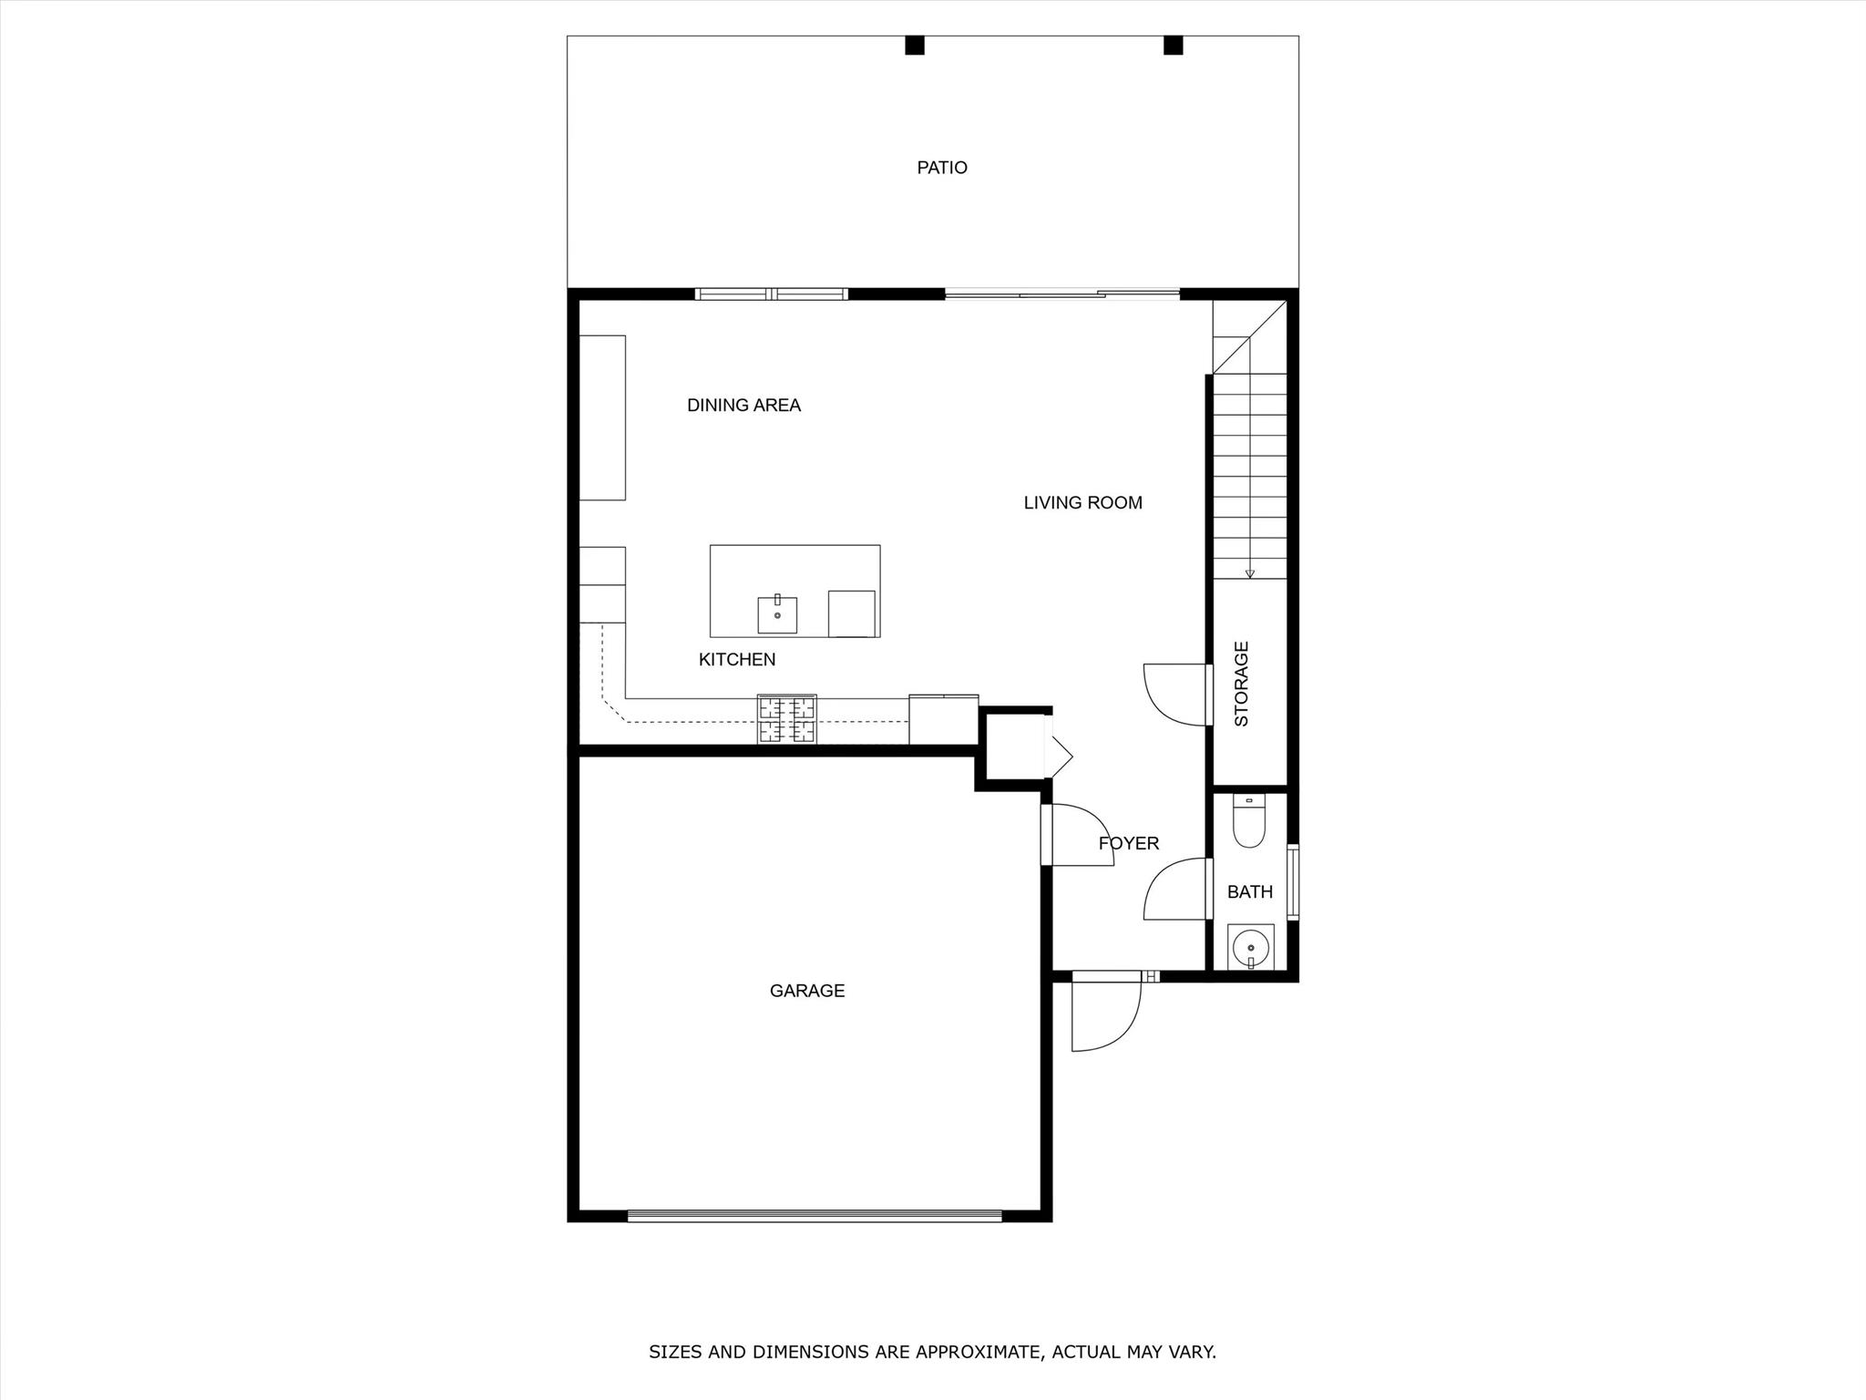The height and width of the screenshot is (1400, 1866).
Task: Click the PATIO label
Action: [942, 168]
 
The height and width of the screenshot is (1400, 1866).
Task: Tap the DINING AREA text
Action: [743, 406]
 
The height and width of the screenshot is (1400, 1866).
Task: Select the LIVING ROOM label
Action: [1082, 503]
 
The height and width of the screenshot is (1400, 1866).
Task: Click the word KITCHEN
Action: [737, 660]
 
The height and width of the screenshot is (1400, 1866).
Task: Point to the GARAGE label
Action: [807, 991]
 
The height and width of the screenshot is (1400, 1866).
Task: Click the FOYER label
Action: [1129, 844]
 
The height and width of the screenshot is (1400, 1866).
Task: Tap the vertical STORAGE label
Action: [1241, 684]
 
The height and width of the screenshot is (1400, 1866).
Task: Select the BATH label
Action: [1250, 892]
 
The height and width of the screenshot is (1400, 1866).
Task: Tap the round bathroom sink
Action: [1250, 948]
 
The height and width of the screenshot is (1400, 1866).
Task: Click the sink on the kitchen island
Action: [777, 614]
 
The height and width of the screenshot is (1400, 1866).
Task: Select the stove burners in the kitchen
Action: [787, 719]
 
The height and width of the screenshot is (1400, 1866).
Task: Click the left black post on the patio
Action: [915, 45]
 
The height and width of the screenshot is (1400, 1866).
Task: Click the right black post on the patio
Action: [1174, 45]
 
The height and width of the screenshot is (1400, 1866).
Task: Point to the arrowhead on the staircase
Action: [1250, 573]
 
